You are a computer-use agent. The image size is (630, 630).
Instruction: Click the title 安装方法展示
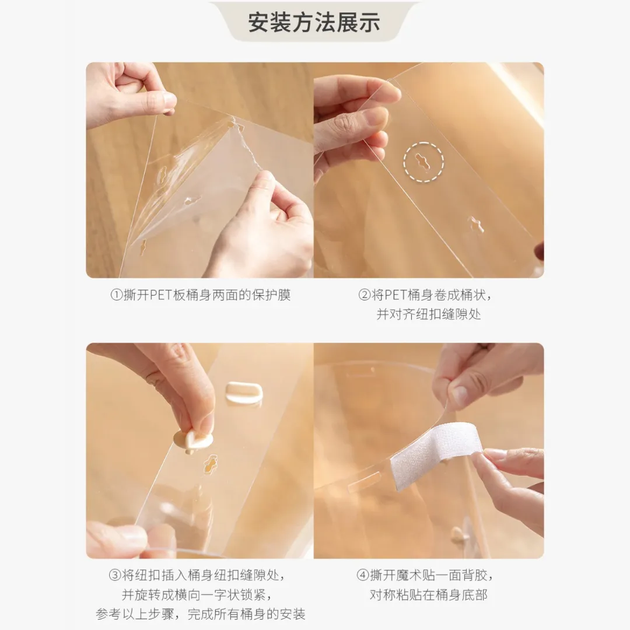pos(314,23)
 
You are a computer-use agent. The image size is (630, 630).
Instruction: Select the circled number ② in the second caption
pos(364,295)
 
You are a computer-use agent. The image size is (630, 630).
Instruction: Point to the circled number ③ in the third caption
pos(115,576)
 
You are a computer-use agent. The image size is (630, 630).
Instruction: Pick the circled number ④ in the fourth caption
pos(363,576)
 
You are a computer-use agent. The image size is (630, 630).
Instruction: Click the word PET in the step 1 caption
pos(161,295)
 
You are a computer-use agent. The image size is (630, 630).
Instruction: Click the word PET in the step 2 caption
pos(395,295)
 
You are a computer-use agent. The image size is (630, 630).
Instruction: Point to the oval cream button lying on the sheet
pos(243,392)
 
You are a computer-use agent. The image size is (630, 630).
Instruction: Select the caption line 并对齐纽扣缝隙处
pos(428,314)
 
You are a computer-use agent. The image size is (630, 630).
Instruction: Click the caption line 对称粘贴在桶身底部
pos(428,594)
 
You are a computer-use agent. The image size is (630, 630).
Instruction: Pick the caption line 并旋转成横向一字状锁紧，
pos(197,594)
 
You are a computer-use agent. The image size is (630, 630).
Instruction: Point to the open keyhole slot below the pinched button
pos(211,464)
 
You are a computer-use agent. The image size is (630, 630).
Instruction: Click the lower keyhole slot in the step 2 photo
pos(476,224)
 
